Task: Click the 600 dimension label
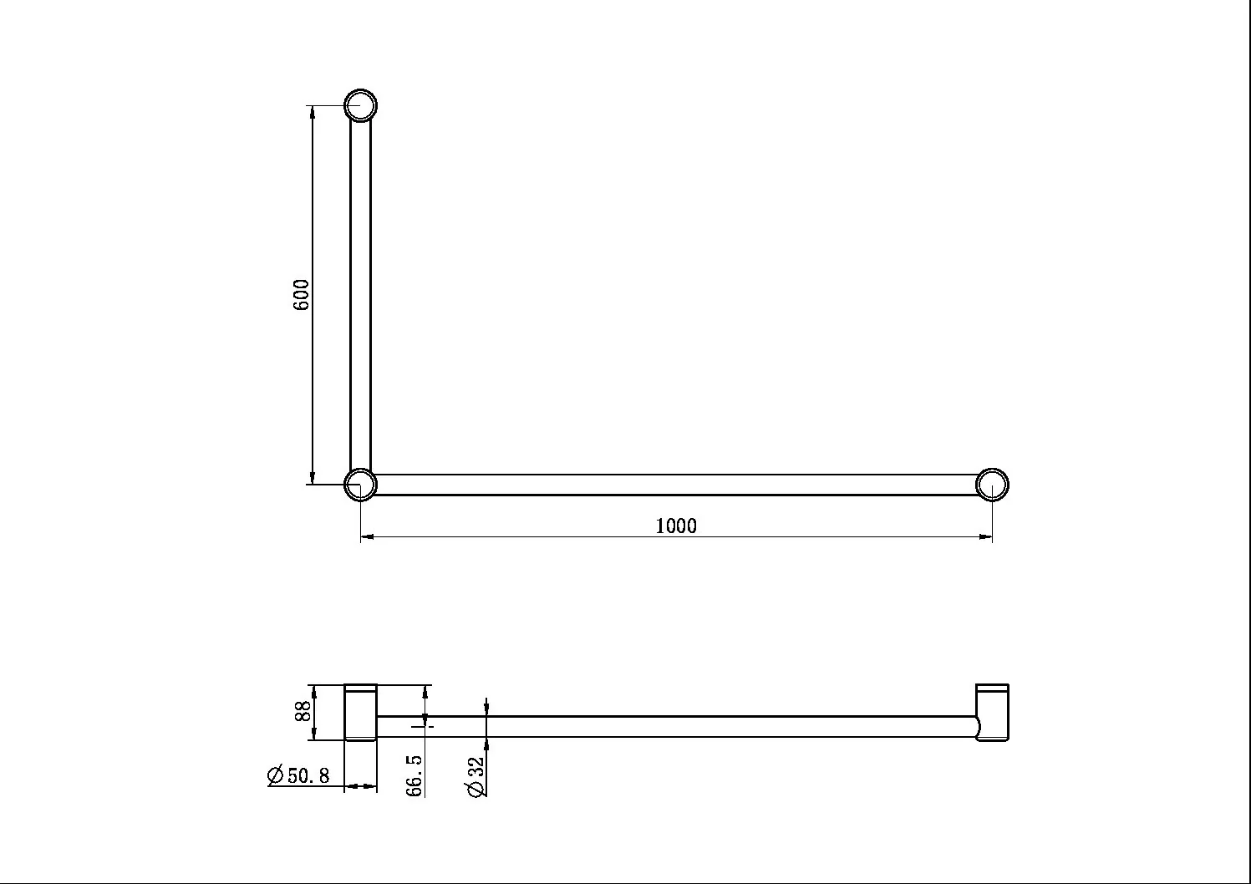(x=302, y=295)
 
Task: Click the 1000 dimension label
(x=675, y=526)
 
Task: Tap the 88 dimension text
(x=303, y=711)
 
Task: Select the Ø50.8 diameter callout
(x=299, y=775)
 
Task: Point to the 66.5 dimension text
(x=415, y=775)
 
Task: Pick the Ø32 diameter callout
(x=477, y=777)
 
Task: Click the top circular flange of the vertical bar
(x=361, y=106)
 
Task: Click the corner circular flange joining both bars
(x=361, y=485)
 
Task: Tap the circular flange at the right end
(x=992, y=485)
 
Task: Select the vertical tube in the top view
(x=360, y=292)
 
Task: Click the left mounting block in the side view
(x=361, y=712)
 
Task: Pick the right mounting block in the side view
(x=993, y=712)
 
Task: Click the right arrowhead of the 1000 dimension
(x=986, y=536)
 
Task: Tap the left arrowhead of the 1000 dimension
(x=367, y=536)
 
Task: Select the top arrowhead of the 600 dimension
(x=313, y=112)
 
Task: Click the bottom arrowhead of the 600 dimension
(x=313, y=478)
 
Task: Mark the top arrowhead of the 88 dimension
(x=313, y=690)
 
